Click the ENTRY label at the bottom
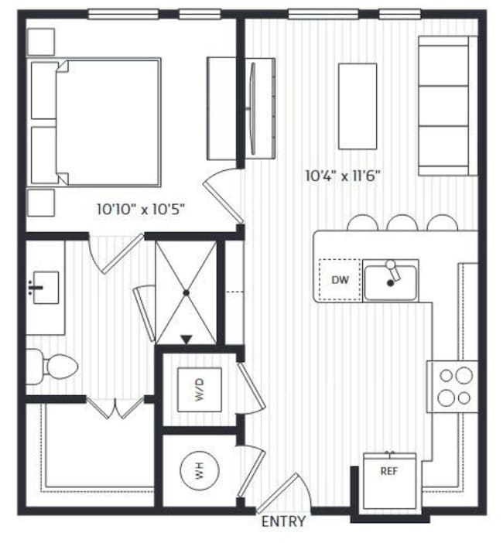(x=284, y=521)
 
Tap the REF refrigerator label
(x=389, y=470)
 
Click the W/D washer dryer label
(x=199, y=391)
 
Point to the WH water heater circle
(x=199, y=470)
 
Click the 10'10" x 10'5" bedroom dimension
(x=140, y=209)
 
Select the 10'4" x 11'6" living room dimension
(x=343, y=176)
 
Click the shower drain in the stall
(x=186, y=292)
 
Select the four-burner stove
(x=453, y=387)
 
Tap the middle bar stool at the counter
(x=402, y=224)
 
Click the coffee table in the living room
(x=358, y=106)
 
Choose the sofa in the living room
(x=447, y=106)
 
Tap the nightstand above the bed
(x=41, y=42)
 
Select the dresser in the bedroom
(x=221, y=108)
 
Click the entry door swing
(x=289, y=490)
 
